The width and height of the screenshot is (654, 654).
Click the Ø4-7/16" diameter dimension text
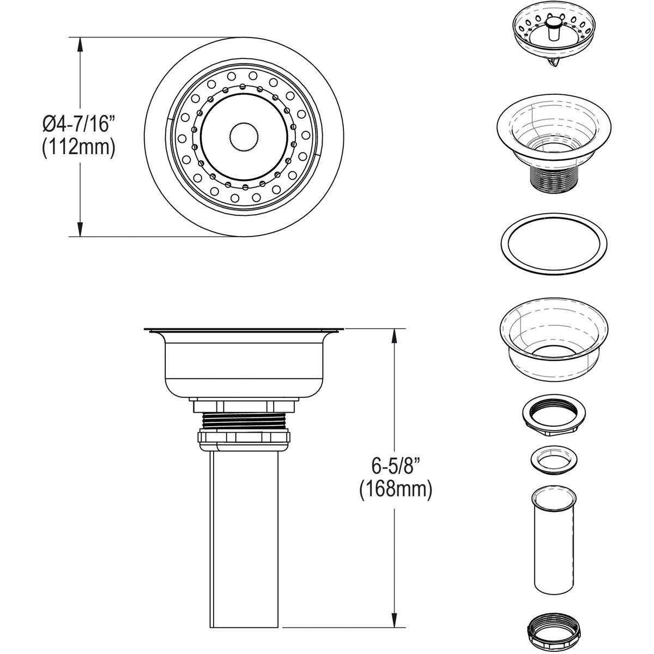coord(79,125)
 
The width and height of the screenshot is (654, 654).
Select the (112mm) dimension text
coord(79,148)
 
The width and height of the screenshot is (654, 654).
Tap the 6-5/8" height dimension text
coord(396,466)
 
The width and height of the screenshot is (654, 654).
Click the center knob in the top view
coord(244,137)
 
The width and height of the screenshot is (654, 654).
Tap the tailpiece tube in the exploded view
coord(553,540)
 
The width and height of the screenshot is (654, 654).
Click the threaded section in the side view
coord(244,420)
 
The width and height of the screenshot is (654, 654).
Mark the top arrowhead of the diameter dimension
coord(81,44)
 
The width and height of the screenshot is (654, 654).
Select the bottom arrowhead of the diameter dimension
coord(81,229)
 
